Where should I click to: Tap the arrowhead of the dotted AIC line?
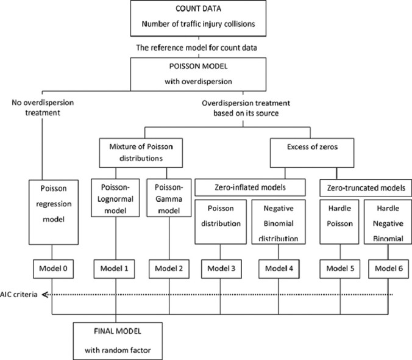click(46, 295)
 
